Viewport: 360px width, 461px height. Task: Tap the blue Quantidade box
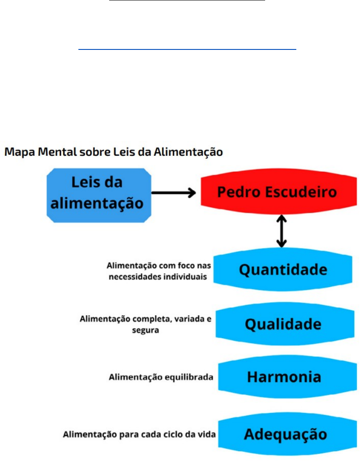[283, 270]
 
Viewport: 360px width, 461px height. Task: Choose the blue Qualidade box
[283, 324]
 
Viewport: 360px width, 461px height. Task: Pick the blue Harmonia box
[283, 377]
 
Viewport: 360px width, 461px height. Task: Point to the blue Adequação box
[283, 434]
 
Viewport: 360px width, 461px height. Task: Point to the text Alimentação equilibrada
[161, 377]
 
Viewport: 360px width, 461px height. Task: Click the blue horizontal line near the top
[187, 49]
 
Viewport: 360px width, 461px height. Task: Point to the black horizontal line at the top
[187, 1]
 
